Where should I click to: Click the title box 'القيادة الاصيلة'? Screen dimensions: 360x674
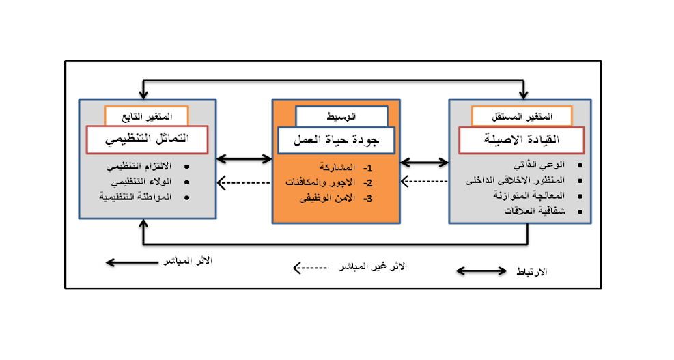click(522, 140)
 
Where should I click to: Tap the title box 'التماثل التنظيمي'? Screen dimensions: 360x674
click(147, 140)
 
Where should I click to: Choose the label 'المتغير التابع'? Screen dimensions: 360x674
click(147, 115)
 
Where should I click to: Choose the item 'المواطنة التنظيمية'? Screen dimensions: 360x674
click(136, 197)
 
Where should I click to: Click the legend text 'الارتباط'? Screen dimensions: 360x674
click(534, 272)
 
